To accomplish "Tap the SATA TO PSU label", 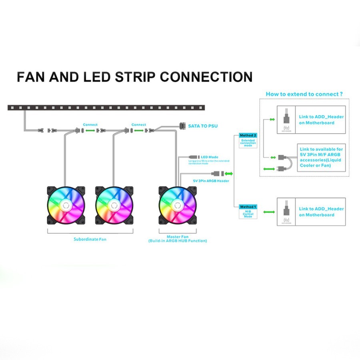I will (x=203, y=126).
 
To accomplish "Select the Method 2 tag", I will (x=248, y=136).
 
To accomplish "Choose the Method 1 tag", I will (x=248, y=207).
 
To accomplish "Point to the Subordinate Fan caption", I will (x=90, y=239).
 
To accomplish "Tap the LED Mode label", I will (x=209, y=157).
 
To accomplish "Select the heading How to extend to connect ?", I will (x=304, y=94).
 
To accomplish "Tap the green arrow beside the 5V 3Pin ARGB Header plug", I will (x=229, y=174).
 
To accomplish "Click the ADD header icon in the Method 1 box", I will (x=286, y=212).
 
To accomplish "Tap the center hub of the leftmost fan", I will (x=66, y=205).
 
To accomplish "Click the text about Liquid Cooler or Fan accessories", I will (x=321, y=157).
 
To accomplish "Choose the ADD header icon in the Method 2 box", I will (x=286, y=119).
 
